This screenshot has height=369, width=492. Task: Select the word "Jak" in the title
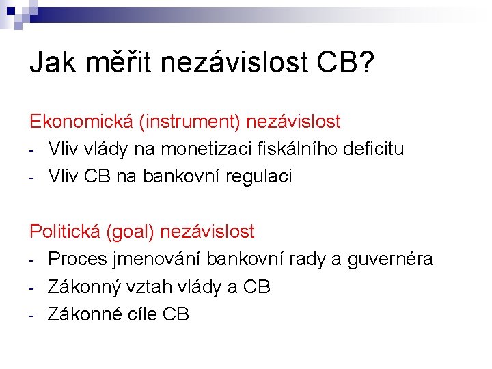[x=53, y=63]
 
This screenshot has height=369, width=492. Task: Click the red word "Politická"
[x=65, y=232]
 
